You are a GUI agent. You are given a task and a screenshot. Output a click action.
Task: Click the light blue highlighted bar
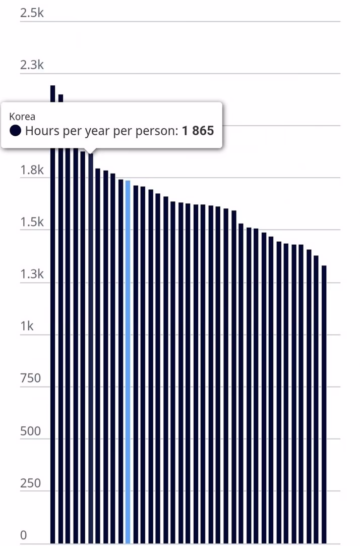[x=128, y=362]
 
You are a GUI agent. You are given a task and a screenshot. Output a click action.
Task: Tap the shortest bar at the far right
[x=324, y=404]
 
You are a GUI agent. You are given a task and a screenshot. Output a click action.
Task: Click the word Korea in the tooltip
[x=22, y=117]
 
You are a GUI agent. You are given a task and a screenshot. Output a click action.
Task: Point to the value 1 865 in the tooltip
[x=198, y=131]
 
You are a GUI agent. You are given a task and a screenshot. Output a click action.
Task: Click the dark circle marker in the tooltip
[x=15, y=131]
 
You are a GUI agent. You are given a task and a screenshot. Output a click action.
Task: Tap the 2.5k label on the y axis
[x=32, y=13]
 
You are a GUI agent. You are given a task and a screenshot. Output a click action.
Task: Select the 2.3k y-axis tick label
[x=32, y=65]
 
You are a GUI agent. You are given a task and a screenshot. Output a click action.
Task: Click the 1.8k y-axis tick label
[x=32, y=170]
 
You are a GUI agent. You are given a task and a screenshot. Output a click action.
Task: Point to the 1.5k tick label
[x=32, y=222]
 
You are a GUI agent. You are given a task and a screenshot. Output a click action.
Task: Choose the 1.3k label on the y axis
[x=32, y=275]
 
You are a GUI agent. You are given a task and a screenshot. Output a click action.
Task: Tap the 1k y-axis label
[x=27, y=326]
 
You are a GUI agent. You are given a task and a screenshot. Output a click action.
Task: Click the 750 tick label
[x=31, y=378]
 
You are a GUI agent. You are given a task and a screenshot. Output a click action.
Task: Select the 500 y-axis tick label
[x=31, y=431]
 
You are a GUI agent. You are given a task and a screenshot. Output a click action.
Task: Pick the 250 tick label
[x=31, y=483]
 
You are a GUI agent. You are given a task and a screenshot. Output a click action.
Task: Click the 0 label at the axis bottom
[x=23, y=535]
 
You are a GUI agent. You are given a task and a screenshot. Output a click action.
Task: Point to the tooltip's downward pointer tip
[x=91, y=153]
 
